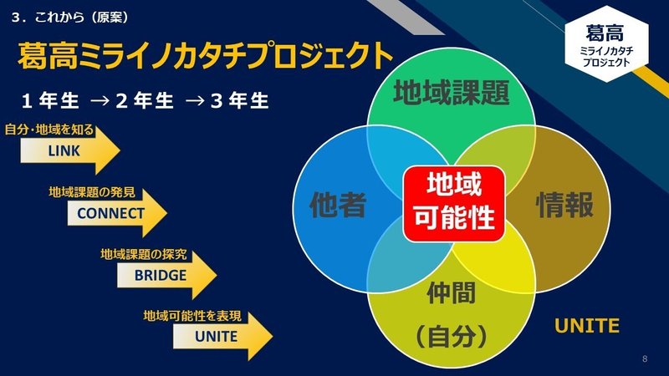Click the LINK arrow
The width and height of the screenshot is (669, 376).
[70, 150]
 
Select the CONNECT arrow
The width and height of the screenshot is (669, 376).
[117, 213]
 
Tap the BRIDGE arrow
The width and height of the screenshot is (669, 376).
[166, 275]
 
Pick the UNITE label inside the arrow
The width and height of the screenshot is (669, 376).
[216, 337]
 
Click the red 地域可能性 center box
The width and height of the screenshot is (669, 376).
[454, 203]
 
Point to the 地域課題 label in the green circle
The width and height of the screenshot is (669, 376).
[451, 92]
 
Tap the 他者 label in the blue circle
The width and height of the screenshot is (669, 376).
[338, 205]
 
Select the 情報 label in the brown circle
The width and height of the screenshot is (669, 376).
[564, 205]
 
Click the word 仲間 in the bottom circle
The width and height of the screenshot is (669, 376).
[452, 293]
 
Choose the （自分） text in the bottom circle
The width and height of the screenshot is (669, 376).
[452, 337]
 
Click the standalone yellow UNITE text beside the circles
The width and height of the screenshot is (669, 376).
[587, 326]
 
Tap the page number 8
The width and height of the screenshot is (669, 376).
[645, 359]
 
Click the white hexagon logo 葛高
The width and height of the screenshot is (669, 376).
[606, 44]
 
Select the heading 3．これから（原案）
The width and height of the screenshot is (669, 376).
[70, 17]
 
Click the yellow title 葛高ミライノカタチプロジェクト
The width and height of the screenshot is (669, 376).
[205, 55]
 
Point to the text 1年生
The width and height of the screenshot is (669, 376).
[50, 101]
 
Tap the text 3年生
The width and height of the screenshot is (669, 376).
[240, 101]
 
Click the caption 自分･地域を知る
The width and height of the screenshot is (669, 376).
[49, 130]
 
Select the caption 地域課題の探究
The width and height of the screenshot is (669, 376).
[144, 255]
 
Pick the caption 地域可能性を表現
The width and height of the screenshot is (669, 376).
[192, 316]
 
